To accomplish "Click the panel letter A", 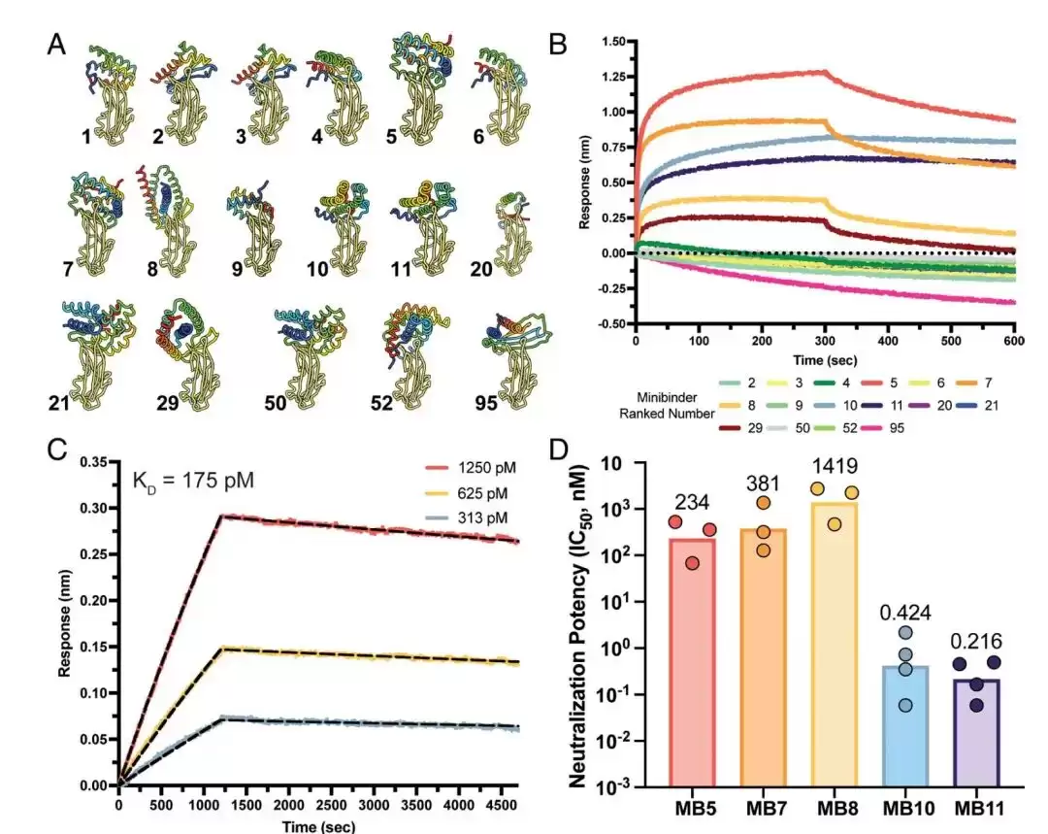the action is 56,46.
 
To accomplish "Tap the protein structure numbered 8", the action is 167,220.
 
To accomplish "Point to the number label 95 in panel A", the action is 486,403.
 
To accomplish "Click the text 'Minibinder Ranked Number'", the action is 667,405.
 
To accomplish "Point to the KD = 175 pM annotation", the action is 193,481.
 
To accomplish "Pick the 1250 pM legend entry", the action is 472,468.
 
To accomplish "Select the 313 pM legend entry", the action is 467,517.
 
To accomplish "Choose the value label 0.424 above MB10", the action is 905,612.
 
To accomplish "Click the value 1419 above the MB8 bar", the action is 835,465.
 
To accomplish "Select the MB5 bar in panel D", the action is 692,662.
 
